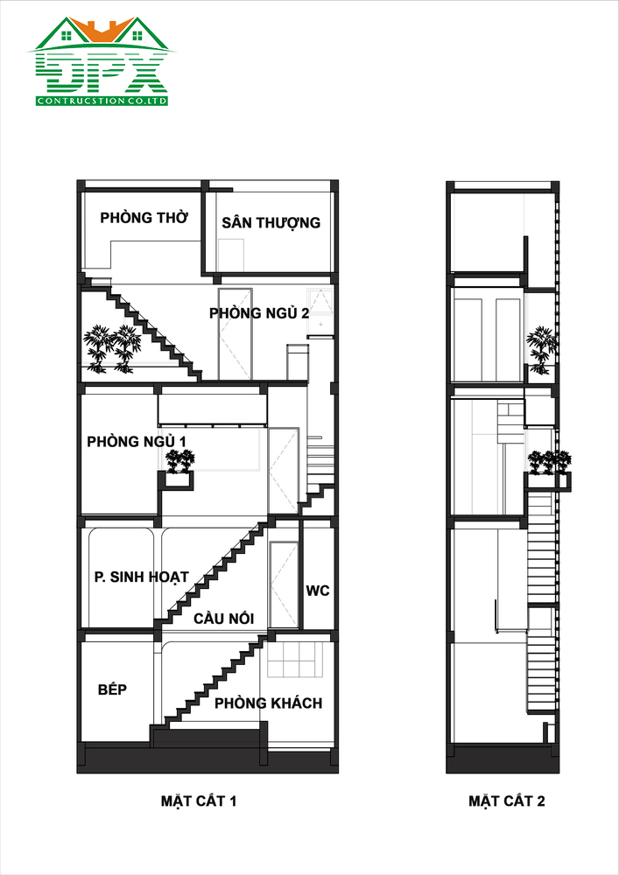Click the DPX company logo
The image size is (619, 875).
point(101,61)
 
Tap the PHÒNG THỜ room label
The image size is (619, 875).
point(144,218)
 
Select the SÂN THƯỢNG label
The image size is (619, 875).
point(271,222)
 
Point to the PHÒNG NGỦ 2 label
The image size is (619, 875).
point(259,313)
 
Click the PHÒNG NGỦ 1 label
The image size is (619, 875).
point(137,441)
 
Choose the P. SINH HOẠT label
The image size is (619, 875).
point(142,577)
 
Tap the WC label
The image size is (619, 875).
point(318,591)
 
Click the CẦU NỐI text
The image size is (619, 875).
point(224,619)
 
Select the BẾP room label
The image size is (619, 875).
point(113,689)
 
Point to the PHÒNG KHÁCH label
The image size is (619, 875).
point(269,703)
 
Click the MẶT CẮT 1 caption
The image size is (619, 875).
point(199,801)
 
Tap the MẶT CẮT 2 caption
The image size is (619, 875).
point(506,801)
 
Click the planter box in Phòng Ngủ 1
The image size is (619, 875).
point(179,480)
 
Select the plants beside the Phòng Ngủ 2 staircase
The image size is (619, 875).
point(113,349)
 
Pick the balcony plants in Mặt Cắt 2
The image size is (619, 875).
point(550,462)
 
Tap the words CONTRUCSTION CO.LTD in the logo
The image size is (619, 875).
point(102,101)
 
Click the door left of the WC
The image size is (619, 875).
point(284,584)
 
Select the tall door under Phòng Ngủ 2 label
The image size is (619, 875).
point(235,333)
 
